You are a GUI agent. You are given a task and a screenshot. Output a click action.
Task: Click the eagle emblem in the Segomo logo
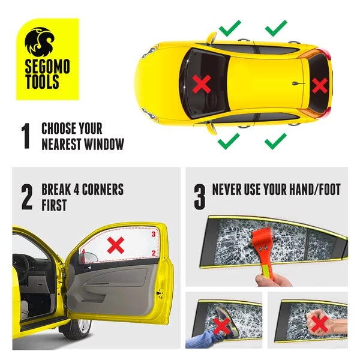[40, 41]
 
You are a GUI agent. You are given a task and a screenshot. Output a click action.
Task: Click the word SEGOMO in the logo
[47, 67]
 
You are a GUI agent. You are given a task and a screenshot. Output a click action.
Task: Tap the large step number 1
[25, 136]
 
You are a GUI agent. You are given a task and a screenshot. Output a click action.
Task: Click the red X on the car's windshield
[202, 84]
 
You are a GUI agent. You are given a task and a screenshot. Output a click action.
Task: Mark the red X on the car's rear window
[320, 85]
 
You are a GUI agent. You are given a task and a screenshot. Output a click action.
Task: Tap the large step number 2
[27, 197]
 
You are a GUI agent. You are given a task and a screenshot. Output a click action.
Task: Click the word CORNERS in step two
[103, 190]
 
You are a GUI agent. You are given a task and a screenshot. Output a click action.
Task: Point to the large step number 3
[200, 197]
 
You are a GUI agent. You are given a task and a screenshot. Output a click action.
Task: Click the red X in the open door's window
[116, 245]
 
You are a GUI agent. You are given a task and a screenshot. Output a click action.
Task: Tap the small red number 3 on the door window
[154, 234]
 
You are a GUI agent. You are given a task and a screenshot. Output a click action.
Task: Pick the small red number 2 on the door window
[154, 253]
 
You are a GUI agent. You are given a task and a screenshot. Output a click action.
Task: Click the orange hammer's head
[264, 238]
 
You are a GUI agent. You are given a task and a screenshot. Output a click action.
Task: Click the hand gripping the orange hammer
[272, 280]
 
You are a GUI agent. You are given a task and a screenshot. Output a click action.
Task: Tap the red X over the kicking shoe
[222, 326]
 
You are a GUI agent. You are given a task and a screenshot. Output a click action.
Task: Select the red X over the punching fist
[320, 324]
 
